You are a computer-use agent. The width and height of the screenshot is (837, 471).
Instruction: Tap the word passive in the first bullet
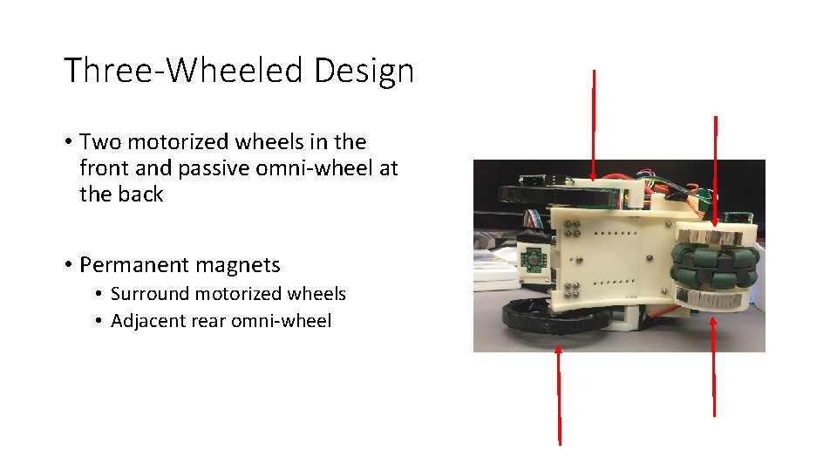pos(210,167)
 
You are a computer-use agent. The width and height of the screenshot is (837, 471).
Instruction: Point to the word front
pos(102,167)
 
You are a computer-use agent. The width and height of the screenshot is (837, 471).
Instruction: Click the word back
pos(140,194)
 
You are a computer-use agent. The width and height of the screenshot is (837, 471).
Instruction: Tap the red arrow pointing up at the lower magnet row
pos(714,366)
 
